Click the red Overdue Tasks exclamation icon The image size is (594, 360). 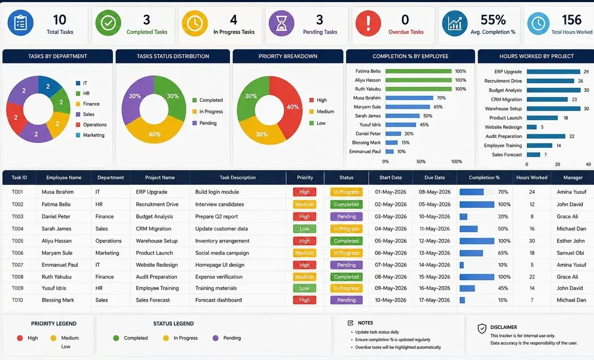point(368,23)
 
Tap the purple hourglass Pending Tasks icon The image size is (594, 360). point(281,23)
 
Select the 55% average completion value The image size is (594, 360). point(493,20)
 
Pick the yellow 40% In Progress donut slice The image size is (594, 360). point(155,131)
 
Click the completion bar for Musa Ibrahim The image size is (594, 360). point(409,98)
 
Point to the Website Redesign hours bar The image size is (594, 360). point(532,127)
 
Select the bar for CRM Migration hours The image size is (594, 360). point(547,99)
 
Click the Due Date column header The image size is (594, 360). point(434,177)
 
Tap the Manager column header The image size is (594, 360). point(573,177)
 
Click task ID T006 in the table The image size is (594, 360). point(17,253)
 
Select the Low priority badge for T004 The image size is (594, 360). point(305,229)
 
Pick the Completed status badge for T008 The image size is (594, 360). point(346,277)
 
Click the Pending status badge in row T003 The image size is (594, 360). point(346,217)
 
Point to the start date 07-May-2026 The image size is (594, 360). point(391,265)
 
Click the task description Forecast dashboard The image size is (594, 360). point(218,300)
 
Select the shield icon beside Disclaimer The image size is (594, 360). point(482,329)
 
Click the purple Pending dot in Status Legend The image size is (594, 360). point(215,338)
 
